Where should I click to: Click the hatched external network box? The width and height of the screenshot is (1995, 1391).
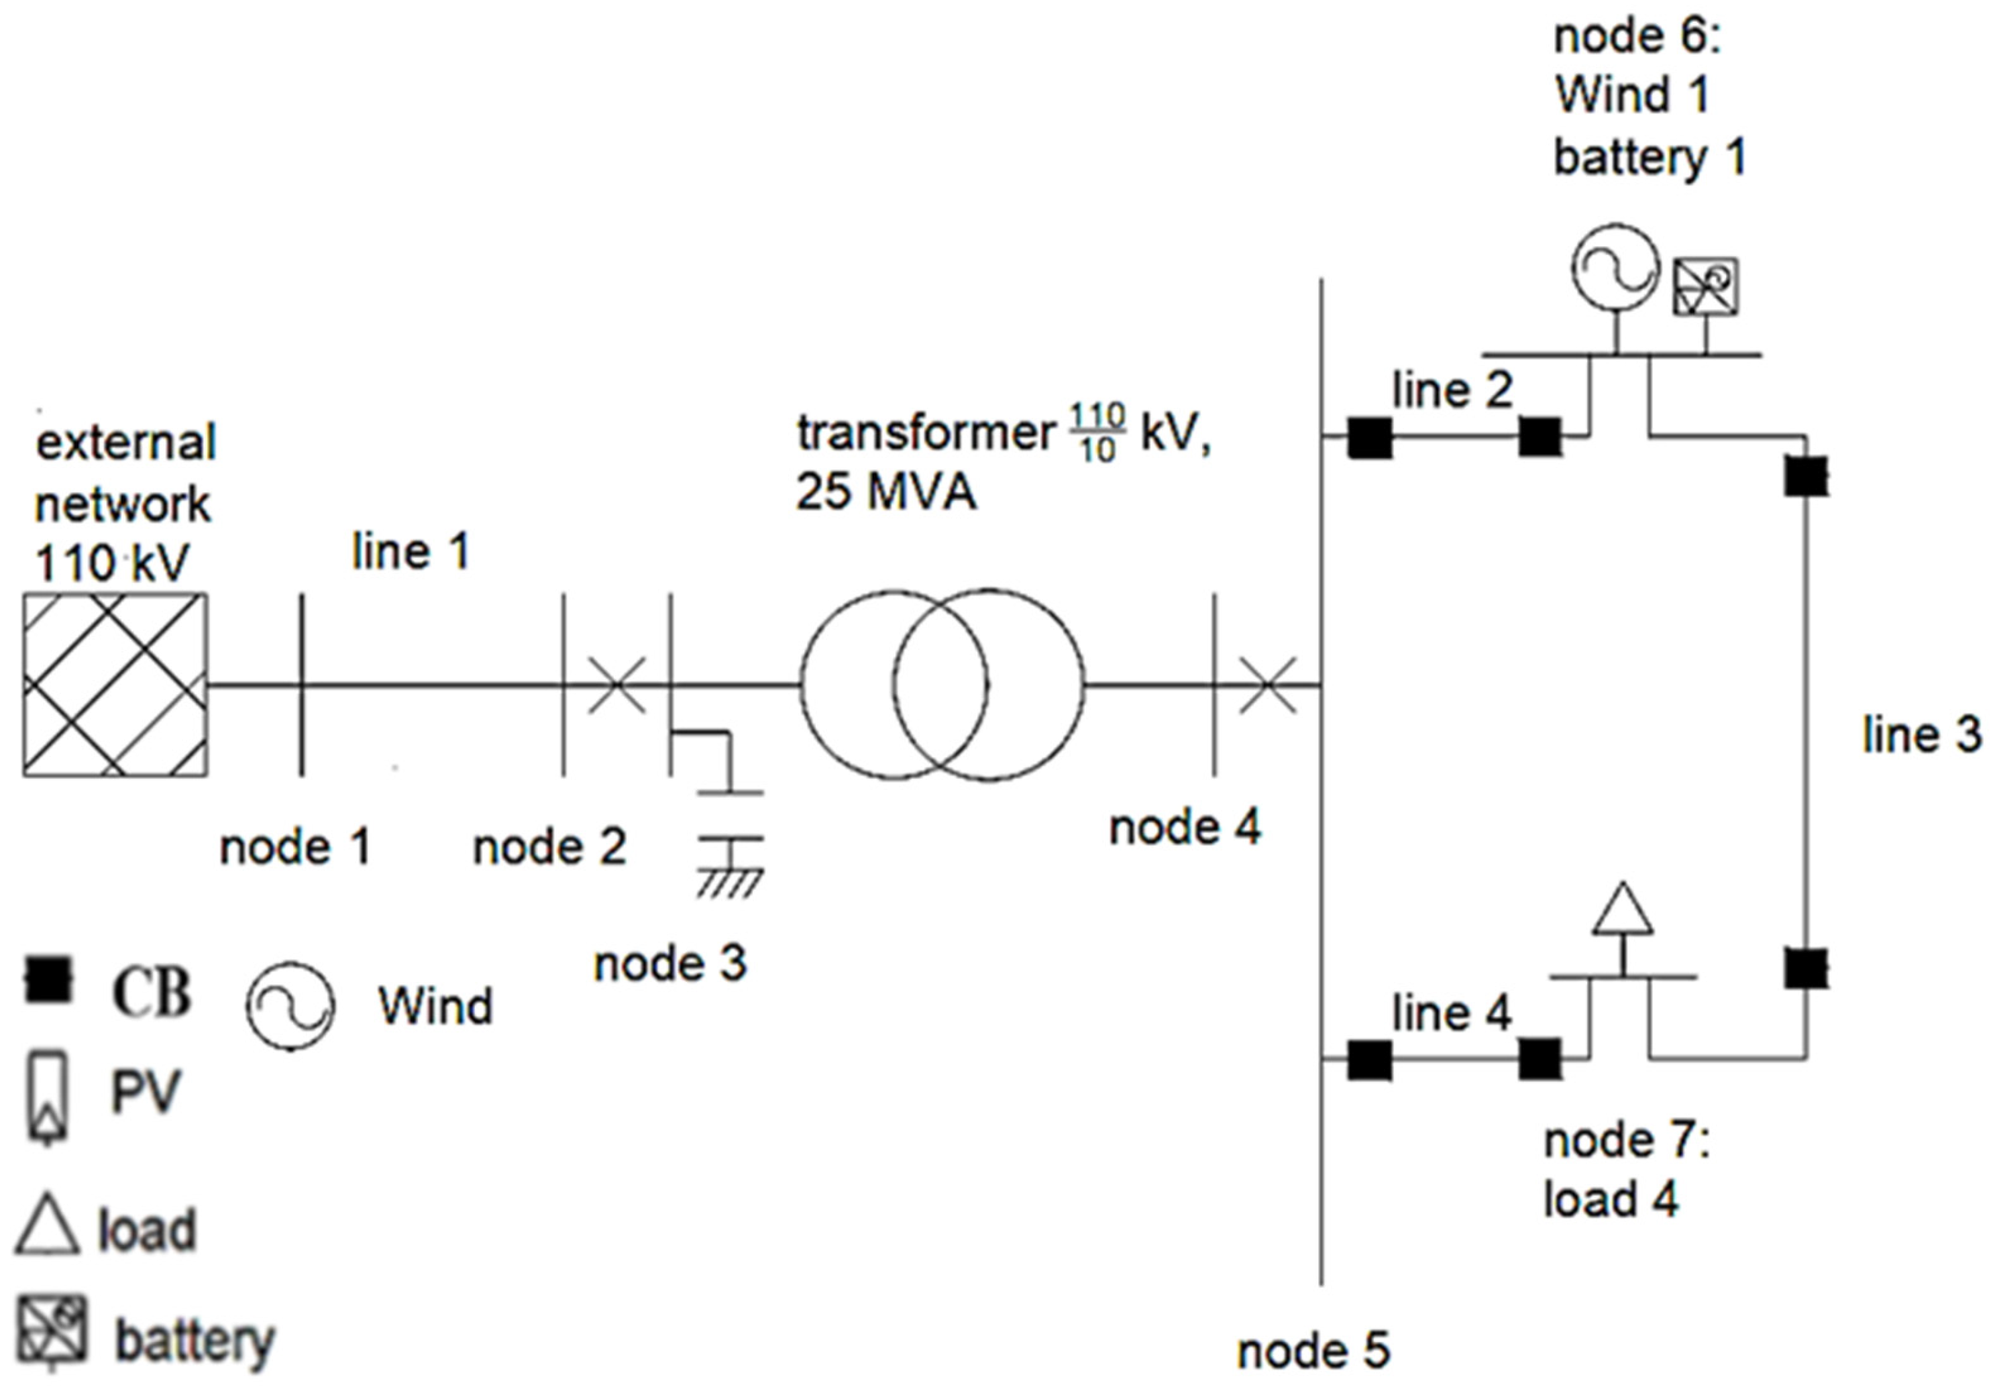[115, 685]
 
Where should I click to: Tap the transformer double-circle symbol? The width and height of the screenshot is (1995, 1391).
[942, 685]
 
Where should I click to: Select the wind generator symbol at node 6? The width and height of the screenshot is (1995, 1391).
[1615, 268]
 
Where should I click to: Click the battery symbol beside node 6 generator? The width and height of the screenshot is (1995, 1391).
[1706, 286]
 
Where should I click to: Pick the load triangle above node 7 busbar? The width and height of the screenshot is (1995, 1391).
[1622, 911]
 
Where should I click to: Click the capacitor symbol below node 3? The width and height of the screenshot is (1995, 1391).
[730, 817]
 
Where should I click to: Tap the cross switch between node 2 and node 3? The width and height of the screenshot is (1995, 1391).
[617, 685]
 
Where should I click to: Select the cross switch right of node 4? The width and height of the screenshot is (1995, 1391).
[1267, 685]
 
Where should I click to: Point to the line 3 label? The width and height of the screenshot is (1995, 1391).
[1921, 735]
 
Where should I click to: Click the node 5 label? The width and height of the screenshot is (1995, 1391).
[1313, 1351]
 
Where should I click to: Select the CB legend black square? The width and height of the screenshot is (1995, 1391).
[48, 979]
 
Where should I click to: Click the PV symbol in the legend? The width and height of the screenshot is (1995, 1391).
[50, 1097]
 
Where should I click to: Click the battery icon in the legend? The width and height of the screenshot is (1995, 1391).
[52, 1331]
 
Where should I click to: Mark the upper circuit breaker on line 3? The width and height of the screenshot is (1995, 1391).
[1806, 476]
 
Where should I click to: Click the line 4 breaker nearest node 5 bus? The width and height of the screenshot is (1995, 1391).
[1369, 1060]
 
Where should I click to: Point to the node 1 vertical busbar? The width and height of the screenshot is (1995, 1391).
[301, 685]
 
